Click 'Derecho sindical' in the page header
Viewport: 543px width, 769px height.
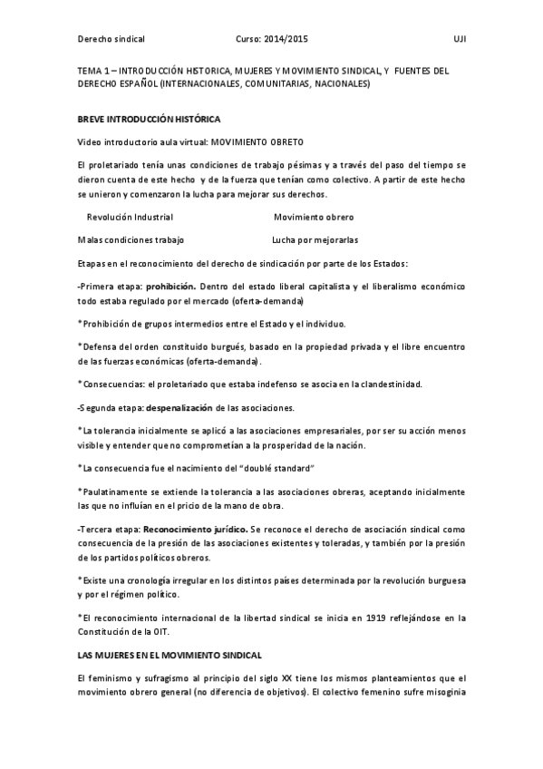click(112, 40)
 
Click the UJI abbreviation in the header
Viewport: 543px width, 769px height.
click(459, 40)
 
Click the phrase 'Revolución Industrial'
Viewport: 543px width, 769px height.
click(129, 218)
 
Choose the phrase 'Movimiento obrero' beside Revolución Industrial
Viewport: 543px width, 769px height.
click(314, 218)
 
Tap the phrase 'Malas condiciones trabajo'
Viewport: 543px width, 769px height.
click(131, 240)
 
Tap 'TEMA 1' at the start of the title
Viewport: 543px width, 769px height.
click(93, 71)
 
